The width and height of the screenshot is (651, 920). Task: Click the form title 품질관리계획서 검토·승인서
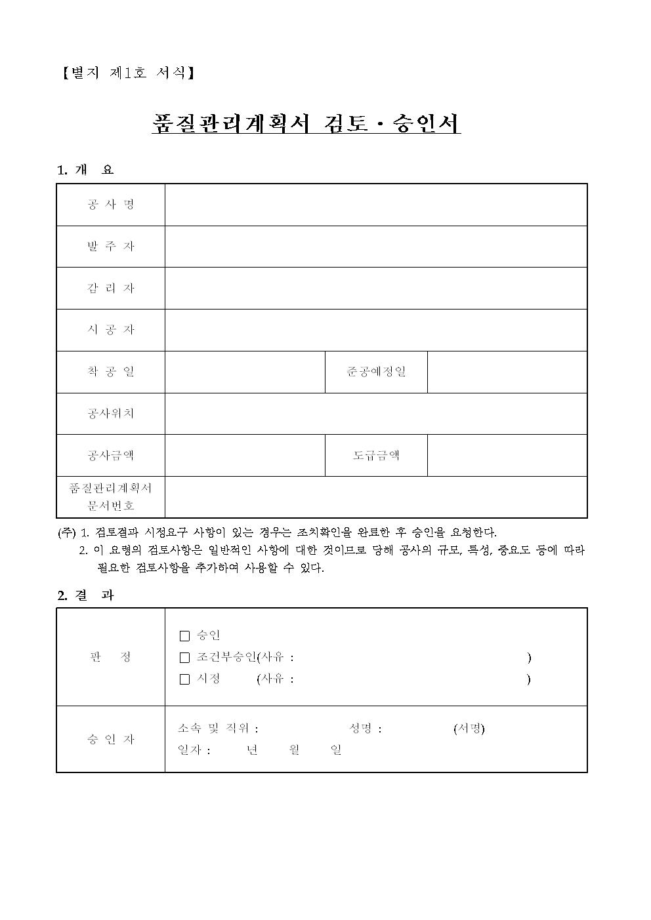pos(306,123)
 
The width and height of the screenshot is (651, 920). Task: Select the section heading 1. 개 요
pos(85,170)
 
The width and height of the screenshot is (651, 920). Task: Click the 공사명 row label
pos(110,205)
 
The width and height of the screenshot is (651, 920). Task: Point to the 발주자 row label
pos(110,247)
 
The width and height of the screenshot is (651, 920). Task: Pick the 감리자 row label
pos(110,288)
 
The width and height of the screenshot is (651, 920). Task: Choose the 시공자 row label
pos(110,330)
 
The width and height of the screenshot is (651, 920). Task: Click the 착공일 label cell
pos(110,372)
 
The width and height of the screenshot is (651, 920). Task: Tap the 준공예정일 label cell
pos(376,372)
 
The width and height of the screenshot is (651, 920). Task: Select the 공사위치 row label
pos(110,414)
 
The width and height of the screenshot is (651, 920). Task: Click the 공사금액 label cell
pos(110,455)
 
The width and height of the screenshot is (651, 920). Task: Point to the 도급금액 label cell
pos(376,455)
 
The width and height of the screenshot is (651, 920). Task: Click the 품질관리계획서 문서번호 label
pos(110,497)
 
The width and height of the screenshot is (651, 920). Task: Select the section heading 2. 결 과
pos(85,595)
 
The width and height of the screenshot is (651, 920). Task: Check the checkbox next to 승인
pos(184,636)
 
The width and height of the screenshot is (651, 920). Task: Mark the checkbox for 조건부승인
pos(184,658)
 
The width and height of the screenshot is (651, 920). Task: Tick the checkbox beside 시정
pos(184,679)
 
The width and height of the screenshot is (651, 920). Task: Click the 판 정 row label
pos(110,657)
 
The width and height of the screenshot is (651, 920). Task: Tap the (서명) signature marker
pos(469,729)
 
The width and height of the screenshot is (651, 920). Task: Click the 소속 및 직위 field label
pos(218,729)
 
